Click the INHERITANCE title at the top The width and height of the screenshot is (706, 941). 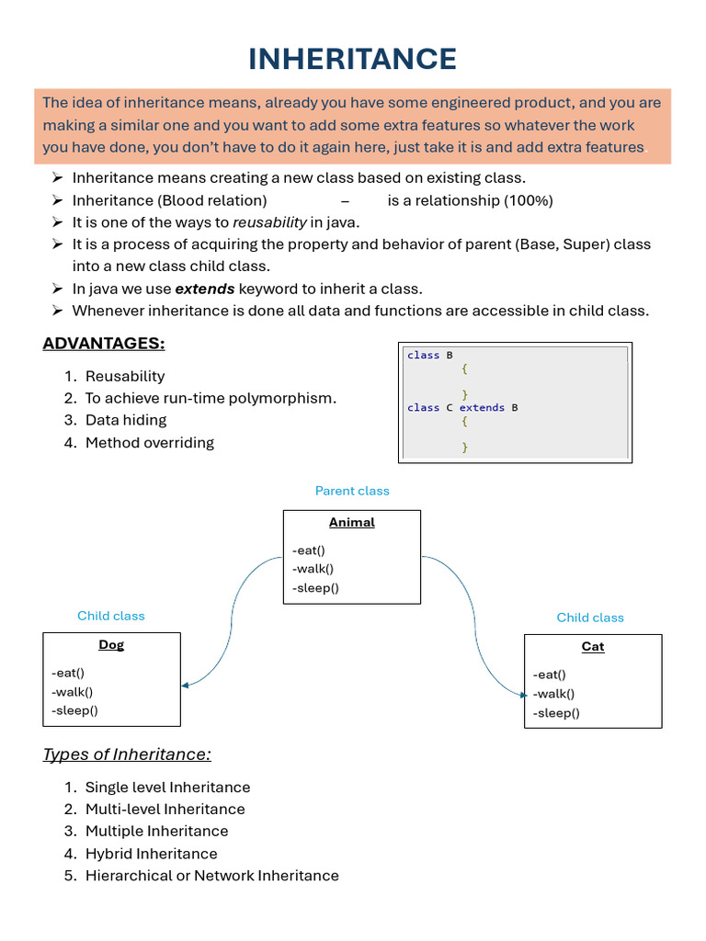pos(353,60)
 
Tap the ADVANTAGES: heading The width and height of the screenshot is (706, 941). pos(104,344)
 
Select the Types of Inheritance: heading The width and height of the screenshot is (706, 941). pos(127,754)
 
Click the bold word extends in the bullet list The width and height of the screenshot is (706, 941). pos(205,289)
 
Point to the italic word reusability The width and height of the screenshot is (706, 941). pos(269,222)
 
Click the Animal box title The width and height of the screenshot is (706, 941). pos(352,522)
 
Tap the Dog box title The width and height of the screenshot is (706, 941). pos(111,644)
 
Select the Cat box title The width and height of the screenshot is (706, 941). pos(593,646)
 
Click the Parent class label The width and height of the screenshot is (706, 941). pos(352,491)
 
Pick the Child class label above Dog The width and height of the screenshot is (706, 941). pos(111,616)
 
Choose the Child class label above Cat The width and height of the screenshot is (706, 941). pos(590,618)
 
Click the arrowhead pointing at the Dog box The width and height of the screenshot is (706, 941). pos(186,685)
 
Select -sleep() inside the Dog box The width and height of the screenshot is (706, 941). pos(75,710)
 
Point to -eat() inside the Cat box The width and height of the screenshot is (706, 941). pos(549,675)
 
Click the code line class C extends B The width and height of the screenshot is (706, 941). pos(462,407)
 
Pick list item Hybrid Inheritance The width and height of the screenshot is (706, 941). pos(151,854)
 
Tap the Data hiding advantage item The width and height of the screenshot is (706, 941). pos(126,420)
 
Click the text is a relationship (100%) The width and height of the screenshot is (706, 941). pos(470,200)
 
